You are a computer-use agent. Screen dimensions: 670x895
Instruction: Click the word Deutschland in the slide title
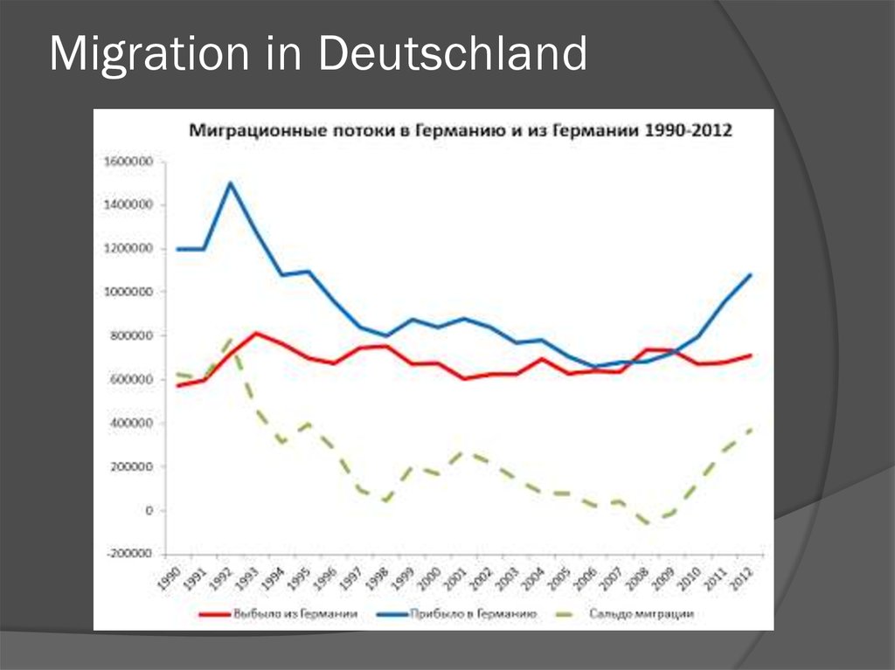click(451, 54)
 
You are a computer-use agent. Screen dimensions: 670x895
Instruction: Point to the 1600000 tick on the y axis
click(128, 162)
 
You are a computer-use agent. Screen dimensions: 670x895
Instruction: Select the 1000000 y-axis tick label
click(128, 292)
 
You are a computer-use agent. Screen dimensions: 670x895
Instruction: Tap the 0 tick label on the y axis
click(149, 510)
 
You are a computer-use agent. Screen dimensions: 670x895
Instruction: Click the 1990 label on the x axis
click(170, 578)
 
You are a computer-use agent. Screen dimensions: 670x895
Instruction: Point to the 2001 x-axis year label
click(455, 578)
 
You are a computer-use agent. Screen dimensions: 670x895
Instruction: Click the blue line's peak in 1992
click(230, 183)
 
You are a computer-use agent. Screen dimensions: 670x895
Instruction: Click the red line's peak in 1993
click(256, 333)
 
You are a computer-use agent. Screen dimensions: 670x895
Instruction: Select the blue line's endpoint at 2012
click(750, 275)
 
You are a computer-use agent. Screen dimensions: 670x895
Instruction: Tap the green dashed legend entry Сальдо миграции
click(620, 614)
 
